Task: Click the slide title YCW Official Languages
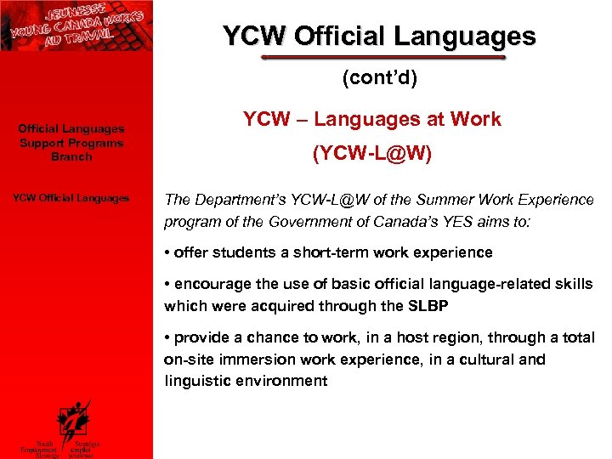(x=379, y=37)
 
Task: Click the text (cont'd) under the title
(x=380, y=79)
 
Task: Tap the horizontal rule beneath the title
(x=383, y=59)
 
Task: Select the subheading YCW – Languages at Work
(x=371, y=120)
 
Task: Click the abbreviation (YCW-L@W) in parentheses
(x=371, y=154)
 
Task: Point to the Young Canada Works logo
(x=76, y=25)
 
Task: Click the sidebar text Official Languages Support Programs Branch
(x=71, y=143)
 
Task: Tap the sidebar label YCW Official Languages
(x=71, y=198)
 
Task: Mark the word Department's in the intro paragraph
(x=235, y=200)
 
